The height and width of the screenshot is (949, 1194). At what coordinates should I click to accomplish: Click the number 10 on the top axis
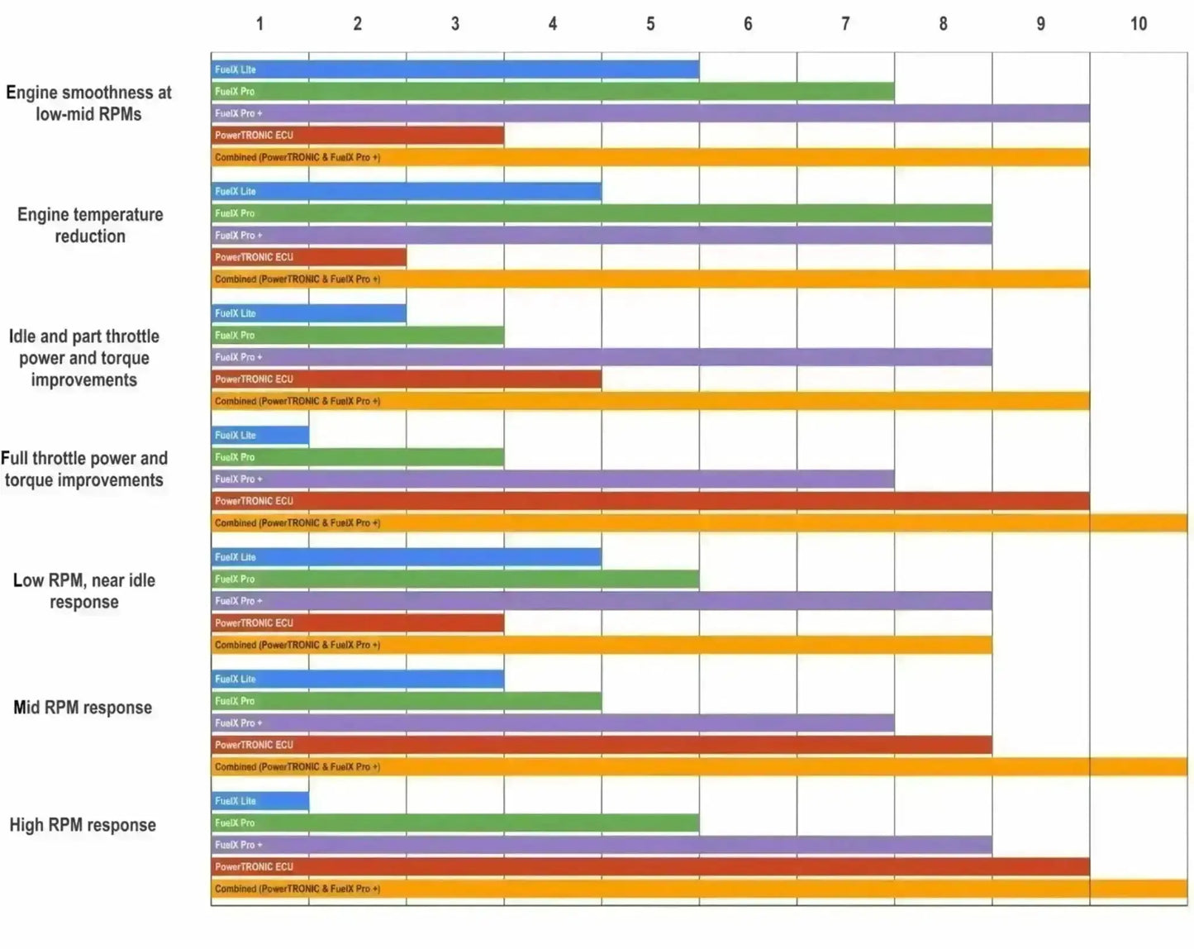click(x=1138, y=24)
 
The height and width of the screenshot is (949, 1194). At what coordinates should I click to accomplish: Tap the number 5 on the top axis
click(x=650, y=24)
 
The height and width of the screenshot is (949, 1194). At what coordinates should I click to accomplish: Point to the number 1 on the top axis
click(x=259, y=24)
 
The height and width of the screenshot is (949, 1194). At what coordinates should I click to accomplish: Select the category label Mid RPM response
click(x=83, y=708)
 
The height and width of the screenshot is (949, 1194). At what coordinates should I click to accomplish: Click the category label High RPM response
click(x=83, y=825)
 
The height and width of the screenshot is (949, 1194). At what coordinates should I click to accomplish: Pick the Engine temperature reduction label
click(x=90, y=225)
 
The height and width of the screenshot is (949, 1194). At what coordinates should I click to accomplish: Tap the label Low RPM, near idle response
click(x=84, y=591)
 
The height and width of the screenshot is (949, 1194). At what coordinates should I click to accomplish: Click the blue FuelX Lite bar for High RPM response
click(x=259, y=801)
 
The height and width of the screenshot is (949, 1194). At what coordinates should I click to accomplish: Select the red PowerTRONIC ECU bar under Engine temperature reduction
click(x=308, y=257)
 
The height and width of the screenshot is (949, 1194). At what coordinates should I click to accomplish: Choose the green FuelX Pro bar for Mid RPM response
click(x=406, y=701)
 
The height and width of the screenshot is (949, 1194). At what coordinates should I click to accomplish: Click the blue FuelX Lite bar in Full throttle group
click(x=259, y=435)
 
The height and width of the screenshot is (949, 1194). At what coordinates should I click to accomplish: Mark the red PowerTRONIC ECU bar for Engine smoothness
click(x=357, y=135)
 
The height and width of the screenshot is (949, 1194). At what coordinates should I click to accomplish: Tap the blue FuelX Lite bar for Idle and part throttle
click(x=308, y=313)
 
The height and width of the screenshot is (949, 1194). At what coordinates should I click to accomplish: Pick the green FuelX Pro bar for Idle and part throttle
click(x=357, y=336)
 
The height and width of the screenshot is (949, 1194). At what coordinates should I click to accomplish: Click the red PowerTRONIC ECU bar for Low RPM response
click(x=357, y=623)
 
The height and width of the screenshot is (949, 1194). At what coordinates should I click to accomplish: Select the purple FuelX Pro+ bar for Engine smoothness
click(x=649, y=113)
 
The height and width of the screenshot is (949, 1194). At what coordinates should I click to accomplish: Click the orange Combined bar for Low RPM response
click(x=601, y=645)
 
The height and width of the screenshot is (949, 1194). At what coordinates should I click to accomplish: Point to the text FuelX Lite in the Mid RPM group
click(x=235, y=680)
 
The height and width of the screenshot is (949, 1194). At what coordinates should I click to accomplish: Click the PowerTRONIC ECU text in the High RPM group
click(x=254, y=867)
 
